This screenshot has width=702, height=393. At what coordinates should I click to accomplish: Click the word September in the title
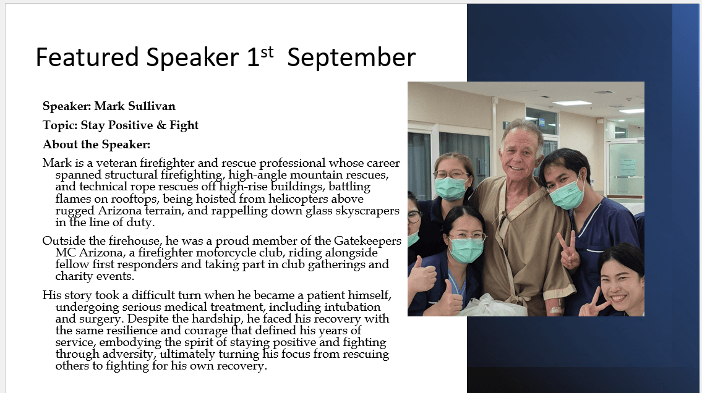(x=351, y=58)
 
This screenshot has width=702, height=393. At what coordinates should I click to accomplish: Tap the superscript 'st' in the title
(x=267, y=52)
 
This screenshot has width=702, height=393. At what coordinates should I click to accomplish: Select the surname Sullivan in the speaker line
(x=152, y=106)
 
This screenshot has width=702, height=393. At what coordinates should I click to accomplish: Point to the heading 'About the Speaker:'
(x=96, y=145)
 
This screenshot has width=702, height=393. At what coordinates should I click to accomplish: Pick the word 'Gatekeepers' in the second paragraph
(x=367, y=241)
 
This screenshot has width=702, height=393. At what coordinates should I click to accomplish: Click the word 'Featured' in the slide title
(x=87, y=57)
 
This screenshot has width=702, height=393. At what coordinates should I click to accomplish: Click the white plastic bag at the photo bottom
(x=492, y=306)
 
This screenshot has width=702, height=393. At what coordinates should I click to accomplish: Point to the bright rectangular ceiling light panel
(x=571, y=103)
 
